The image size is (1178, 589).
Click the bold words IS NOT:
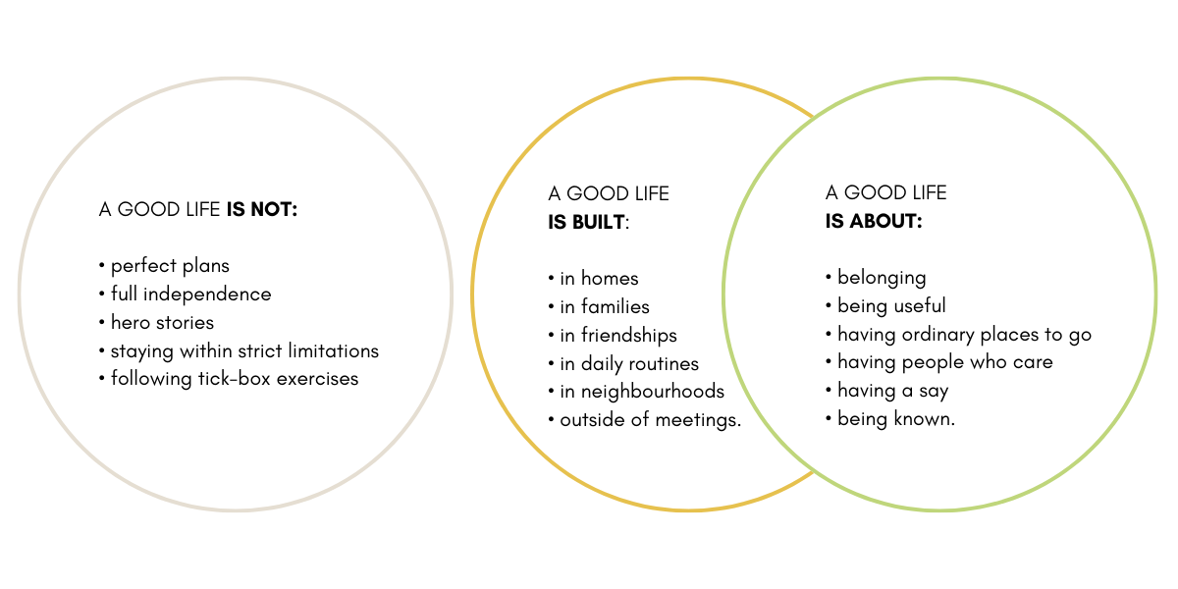coord(261,209)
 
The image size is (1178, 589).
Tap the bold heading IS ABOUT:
coord(874,222)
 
